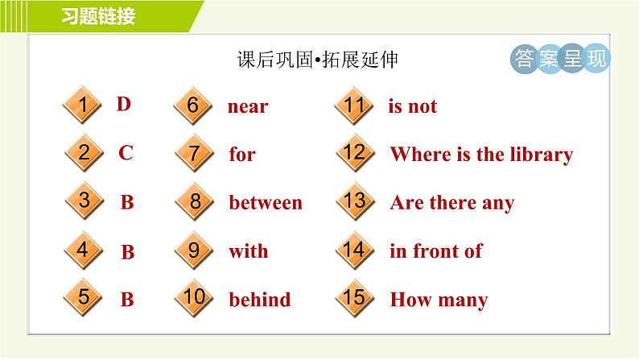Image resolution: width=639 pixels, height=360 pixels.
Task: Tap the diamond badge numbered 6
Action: [x=193, y=106]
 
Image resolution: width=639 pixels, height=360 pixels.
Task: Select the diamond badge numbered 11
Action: [x=354, y=106]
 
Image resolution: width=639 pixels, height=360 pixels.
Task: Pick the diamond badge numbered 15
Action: [x=354, y=298]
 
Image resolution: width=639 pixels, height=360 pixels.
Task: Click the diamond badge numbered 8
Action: [x=193, y=202]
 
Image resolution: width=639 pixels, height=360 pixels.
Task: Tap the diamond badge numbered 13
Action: [x=354, y=202]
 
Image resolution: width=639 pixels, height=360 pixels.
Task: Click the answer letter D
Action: [x=123, y=104]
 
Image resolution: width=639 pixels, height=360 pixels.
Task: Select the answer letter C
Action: [x=126, y=153]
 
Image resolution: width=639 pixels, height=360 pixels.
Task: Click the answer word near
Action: [x=248, y=107]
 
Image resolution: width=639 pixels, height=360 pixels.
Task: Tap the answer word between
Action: [x=266, y=203]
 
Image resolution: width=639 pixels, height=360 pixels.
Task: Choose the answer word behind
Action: [x=259, y=300]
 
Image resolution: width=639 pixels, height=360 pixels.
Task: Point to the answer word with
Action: [x=248, y=251]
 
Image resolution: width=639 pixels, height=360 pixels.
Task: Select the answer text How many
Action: [x=439, y=300]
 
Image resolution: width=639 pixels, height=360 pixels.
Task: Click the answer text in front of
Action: [x=435, y=251]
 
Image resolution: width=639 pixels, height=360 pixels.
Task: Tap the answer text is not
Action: [x=412, y=106]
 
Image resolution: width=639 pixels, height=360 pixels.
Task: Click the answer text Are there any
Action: [x=451, y=203]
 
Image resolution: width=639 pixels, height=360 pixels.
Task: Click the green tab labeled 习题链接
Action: [x=97, y=16]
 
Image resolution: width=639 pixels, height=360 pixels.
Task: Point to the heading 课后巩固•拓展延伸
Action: [x=318, y=61]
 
